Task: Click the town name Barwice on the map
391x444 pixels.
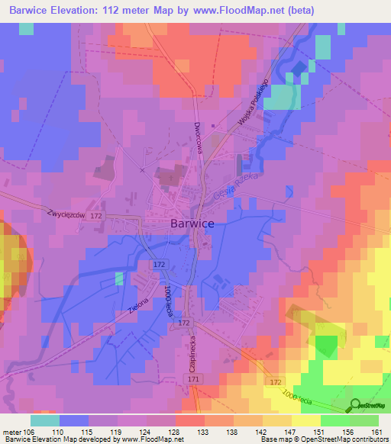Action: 191,224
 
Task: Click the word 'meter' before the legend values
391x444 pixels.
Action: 12,431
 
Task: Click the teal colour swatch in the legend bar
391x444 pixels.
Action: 45,420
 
